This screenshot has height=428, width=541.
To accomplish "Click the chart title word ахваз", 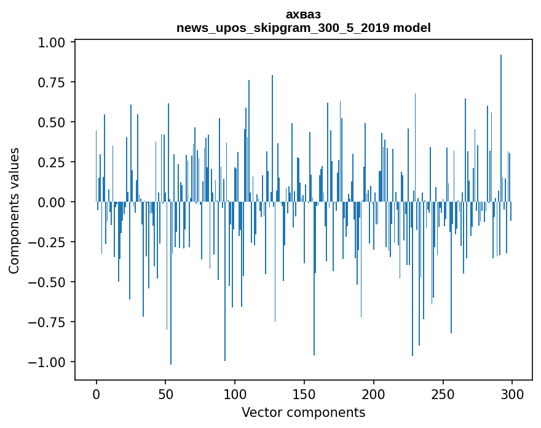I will [303, 14].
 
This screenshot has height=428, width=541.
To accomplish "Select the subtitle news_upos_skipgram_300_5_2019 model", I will [303, 28].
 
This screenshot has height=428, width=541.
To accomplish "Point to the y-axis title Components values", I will [14, 210].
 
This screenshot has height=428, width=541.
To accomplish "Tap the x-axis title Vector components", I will [303, 413].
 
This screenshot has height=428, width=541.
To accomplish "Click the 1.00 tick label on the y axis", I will [51, 43].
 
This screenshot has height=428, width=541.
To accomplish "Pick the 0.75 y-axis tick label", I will [51, 82].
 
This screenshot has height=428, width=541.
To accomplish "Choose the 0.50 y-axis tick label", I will [51, 122].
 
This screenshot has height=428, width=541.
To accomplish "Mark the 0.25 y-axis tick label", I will [51, 162].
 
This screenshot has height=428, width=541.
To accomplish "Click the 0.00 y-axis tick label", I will [51, 202].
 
